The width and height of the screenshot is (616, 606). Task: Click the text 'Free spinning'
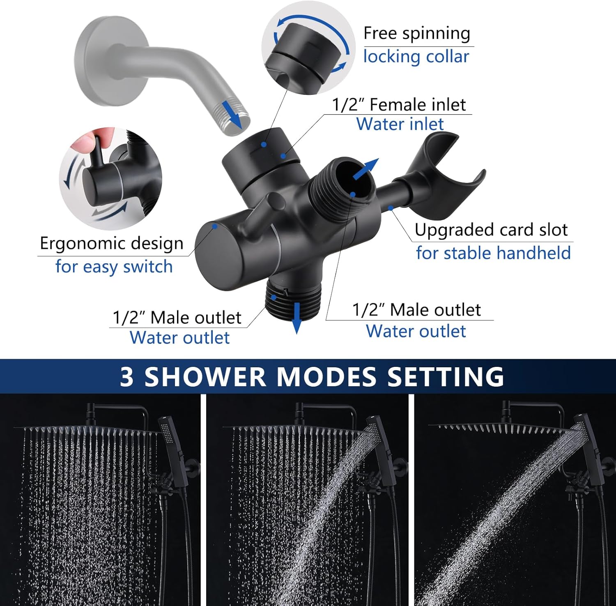416,33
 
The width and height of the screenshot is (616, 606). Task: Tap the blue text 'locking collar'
416,57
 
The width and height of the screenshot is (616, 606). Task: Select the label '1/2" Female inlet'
399,105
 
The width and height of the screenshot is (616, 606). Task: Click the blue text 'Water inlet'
400,124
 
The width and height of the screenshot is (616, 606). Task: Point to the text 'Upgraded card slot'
491,230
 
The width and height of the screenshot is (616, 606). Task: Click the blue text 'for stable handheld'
493,253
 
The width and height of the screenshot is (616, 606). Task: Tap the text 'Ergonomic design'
111,244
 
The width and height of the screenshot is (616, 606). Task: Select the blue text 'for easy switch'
114,267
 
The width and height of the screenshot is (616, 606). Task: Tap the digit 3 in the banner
126,377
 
